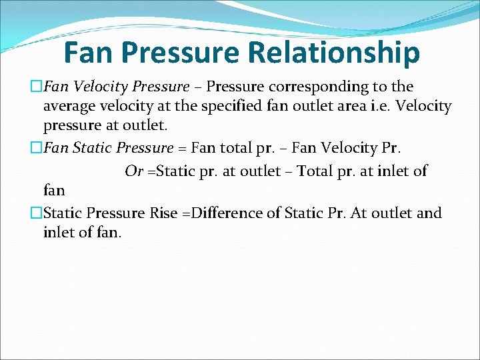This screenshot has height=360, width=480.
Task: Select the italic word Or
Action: (x=134, y=171)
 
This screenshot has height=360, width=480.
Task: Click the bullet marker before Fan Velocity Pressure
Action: (x=37, y=87)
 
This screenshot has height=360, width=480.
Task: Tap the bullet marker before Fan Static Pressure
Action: (x=37, y=148)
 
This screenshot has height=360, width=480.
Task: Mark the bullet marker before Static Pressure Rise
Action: (x=37, y=213)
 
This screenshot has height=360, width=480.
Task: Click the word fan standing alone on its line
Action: (x=54, y=191)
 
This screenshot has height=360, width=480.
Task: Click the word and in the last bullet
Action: (x=429, y=213)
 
